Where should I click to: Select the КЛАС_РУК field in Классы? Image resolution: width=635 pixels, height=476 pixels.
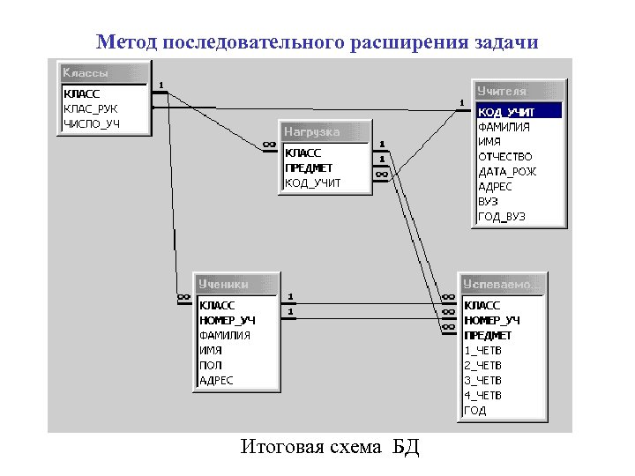(90, 108)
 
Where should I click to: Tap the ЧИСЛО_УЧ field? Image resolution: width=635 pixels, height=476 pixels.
(92, 123)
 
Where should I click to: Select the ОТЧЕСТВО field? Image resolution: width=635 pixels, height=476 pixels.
(505, 157)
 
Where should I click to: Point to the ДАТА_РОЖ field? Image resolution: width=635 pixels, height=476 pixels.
(507, 172)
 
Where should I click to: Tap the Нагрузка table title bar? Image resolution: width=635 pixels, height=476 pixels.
(323, 131)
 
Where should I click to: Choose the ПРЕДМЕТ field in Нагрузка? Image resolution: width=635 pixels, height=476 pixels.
(309, 168)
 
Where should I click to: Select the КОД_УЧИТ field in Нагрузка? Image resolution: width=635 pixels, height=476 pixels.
(312, 183)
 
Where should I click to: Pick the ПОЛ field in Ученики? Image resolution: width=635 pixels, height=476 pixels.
(211, 365)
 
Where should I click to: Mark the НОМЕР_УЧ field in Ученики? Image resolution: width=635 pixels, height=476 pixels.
(228, 320)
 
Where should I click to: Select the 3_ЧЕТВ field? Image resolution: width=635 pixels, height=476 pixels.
(482, 380)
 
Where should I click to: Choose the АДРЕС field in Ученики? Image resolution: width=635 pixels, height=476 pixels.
(217, 380)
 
